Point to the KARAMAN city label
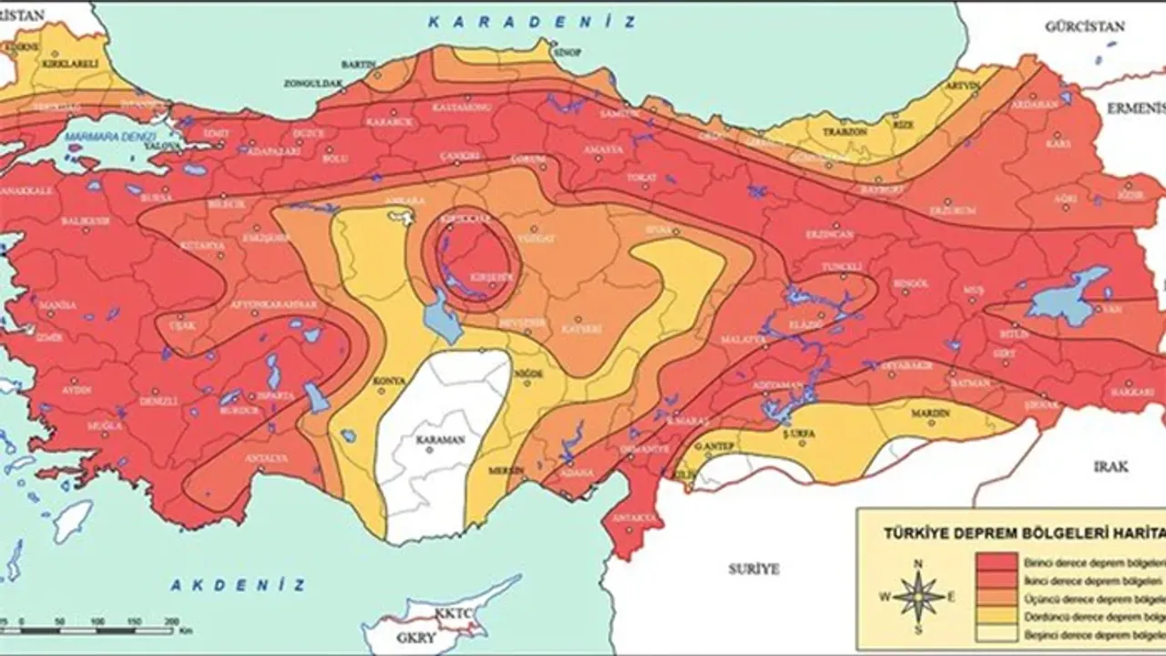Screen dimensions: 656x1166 (441, 439)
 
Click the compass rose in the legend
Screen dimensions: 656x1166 (918, 597)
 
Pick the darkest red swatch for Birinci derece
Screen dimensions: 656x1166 (999, 561)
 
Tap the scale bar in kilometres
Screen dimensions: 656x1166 (91, 630)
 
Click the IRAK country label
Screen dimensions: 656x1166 (1110, 466)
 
